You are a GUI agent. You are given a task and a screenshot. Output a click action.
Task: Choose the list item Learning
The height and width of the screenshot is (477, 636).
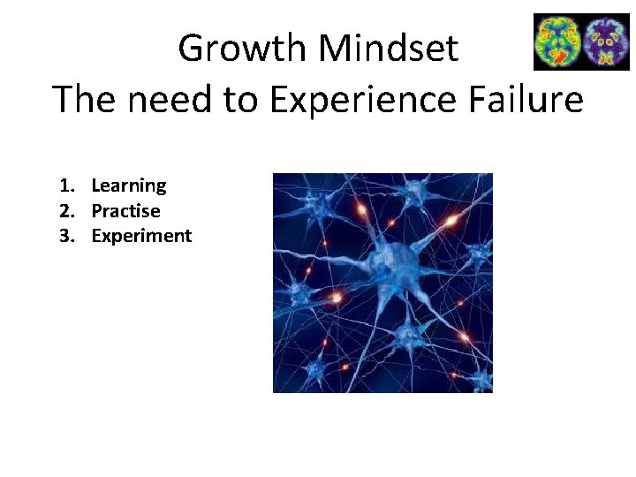pos(128,185)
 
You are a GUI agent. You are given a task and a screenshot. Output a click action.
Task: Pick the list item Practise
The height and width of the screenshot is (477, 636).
pos(125,211)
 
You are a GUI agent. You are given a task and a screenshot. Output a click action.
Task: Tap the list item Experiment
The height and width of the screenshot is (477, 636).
pos(141,236)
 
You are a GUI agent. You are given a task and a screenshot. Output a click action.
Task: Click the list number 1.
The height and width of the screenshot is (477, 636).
pos(64,185)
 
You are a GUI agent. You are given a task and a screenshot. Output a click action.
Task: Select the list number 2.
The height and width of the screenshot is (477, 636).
pos(64,211)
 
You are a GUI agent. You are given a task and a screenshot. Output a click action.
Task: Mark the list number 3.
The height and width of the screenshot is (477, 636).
pos(64,236)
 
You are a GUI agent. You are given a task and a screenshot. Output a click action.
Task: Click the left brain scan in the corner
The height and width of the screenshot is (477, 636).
pos(557,42)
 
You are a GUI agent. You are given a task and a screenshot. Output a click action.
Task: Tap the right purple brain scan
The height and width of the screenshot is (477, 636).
pos(605,42)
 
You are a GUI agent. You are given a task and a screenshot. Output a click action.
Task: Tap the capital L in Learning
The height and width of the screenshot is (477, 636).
pos(96,185)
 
